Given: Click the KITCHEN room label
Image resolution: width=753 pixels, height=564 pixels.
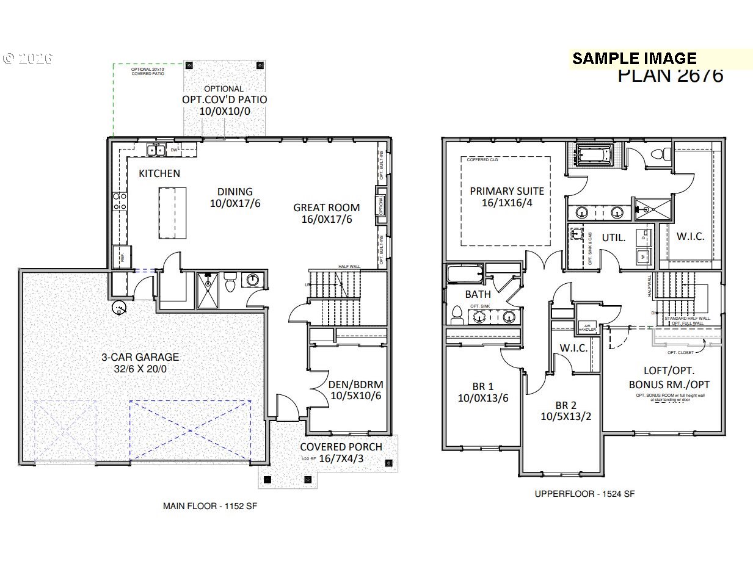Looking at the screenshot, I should coord(159,173).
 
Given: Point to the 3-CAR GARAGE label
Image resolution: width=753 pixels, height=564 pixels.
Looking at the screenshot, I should coord(140,357).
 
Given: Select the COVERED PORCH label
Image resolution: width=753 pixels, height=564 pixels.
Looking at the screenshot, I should coord(341,447).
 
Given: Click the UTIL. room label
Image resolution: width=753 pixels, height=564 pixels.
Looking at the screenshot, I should coord(614,237).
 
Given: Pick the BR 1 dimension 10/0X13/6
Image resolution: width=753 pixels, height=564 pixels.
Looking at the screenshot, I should coord(483,399).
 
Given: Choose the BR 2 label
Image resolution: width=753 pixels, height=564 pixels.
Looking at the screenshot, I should coord(566,405).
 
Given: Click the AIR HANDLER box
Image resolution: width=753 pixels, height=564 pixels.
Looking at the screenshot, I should coord(586,327).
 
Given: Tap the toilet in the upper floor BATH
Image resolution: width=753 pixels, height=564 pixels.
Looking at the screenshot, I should coord(456,314).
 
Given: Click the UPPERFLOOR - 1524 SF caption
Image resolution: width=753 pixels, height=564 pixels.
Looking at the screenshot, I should coord(584,493).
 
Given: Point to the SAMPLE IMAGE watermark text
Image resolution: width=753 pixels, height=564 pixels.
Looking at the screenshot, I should coord(634,59).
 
